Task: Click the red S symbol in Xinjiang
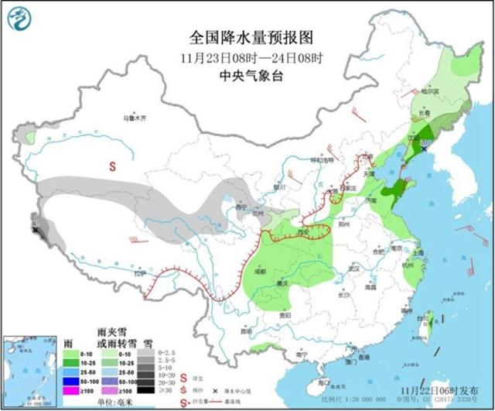[111, 166]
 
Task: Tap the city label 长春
[425, 113]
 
